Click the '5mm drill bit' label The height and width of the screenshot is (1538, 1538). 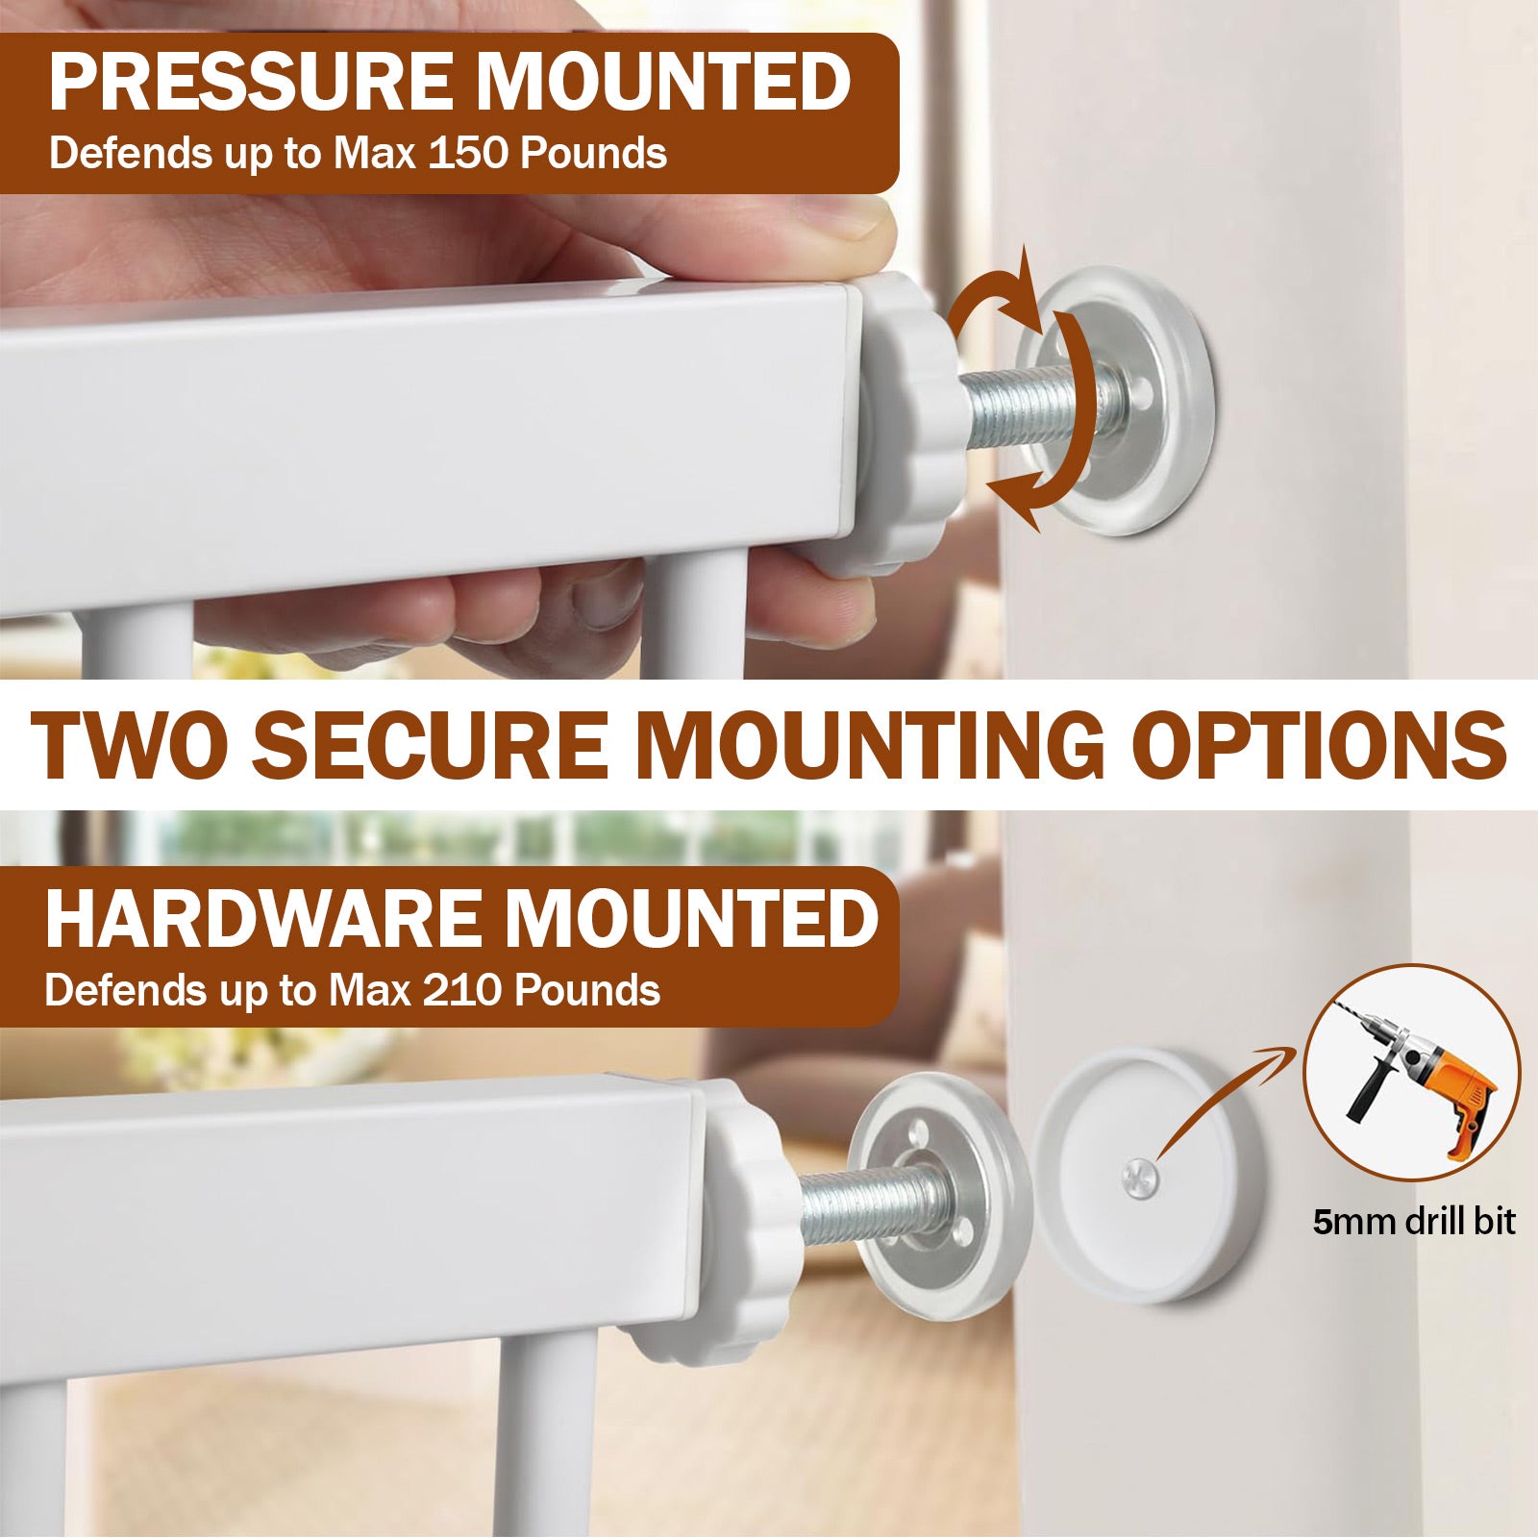[x=1414, y=1223]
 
